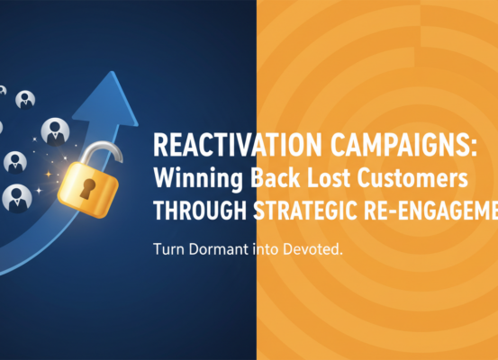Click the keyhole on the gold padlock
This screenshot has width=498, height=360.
pos(87,188)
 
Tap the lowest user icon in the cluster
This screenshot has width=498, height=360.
pos(17,197)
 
